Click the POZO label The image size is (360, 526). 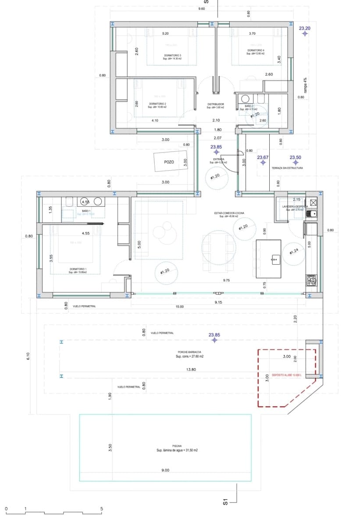(x=169, y=162)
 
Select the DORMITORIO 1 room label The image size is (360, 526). (x=78, y=269)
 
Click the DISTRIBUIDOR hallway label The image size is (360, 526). (x=216, y=104)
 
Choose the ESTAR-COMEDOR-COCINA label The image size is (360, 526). (x=229, y=213)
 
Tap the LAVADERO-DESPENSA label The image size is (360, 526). (x=295, y=206)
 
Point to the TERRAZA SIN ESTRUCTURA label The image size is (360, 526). (x=287, y=168)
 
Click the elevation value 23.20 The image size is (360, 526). (x=305, y=28)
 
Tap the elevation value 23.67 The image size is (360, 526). (x=263, y=157)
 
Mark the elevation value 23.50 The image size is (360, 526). (x=296, y=157)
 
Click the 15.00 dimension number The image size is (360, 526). (x=179, y=307)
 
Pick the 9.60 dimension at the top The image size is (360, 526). (x=202, y=9)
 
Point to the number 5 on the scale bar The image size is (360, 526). (x=102, y=509)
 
